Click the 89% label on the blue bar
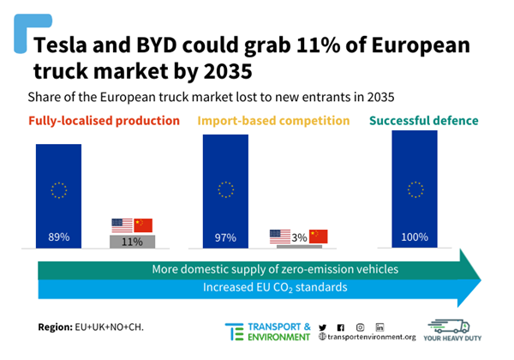tap(58, 236)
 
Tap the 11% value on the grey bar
tap(132, 242)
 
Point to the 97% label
tap(225, 236)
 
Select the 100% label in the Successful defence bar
tap(415, 236)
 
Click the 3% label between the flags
tap(299, 236)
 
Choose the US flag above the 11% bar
tap(123, 225)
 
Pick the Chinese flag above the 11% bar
tap(143, 225)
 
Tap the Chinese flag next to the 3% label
tap(319, 236)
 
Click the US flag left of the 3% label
tap(280, 236)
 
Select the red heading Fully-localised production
tap(104, 121)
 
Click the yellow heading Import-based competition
tap(274, 121)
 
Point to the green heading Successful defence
tap(424, 121)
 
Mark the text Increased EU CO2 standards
tap(275, 287)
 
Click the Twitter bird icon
tap(322, 327)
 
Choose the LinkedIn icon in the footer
tap(380, 327)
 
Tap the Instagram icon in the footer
tap(361, 327)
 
